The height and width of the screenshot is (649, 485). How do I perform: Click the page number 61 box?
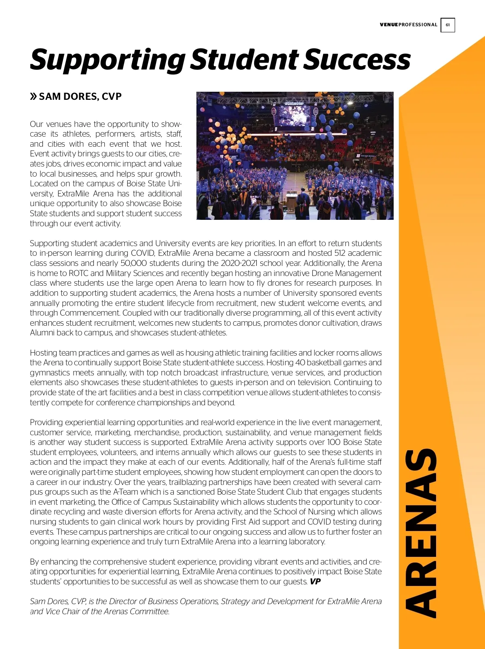(x=447, y=25)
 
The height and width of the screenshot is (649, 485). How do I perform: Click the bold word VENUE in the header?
(x=389, y=25)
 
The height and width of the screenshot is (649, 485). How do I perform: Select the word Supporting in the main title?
(x=107, y=60)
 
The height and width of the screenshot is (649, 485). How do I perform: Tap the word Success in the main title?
(x=357, y=60)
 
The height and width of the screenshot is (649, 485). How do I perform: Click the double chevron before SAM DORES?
(x=34, y=97)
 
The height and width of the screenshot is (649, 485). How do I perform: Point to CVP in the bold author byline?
(x=112, y=97)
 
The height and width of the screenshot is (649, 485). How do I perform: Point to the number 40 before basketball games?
(x=300, y=363)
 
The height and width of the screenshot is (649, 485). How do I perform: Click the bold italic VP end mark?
(x=315, y=582)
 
